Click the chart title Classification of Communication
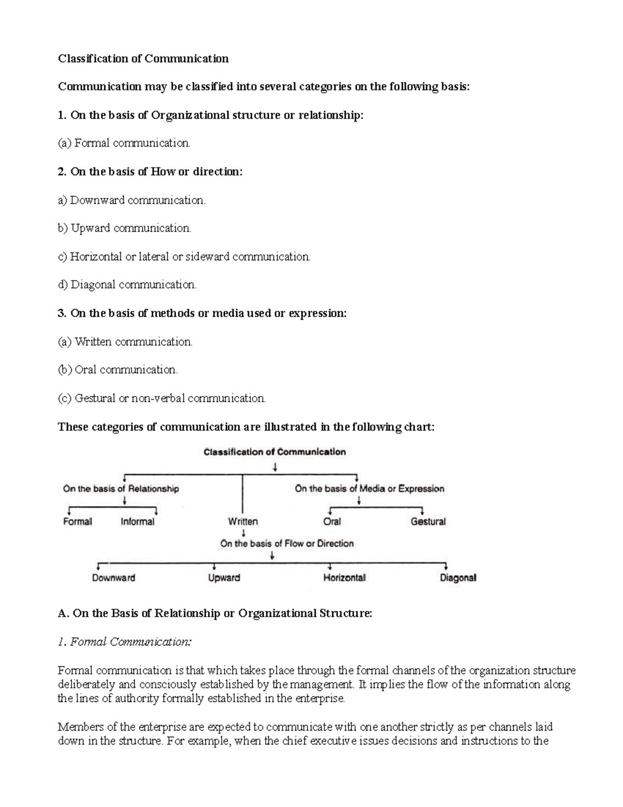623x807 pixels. point(275,452)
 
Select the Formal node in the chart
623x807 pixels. point(77,522)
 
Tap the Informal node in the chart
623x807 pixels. point(138,522)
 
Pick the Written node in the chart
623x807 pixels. point(242,522)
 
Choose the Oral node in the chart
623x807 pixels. point(332,522)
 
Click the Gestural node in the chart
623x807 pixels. point(428,522)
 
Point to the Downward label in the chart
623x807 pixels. point(113,578)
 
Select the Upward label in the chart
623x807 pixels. point(224,578)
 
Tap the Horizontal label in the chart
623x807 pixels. point(344,578)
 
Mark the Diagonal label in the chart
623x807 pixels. point(458,578)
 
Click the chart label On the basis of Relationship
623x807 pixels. point(121,489)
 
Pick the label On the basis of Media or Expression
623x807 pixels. point(369,489)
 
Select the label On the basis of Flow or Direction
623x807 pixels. point(287,544)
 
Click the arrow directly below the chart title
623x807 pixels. point(275,467)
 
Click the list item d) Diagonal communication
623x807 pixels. point(127,285)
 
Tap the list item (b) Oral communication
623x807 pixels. point(118,370)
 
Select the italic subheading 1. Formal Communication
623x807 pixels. point(125,642)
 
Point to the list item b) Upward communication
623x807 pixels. point(125,228)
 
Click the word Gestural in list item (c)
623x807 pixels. point(95,399)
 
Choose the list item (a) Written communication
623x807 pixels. point(125,342)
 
